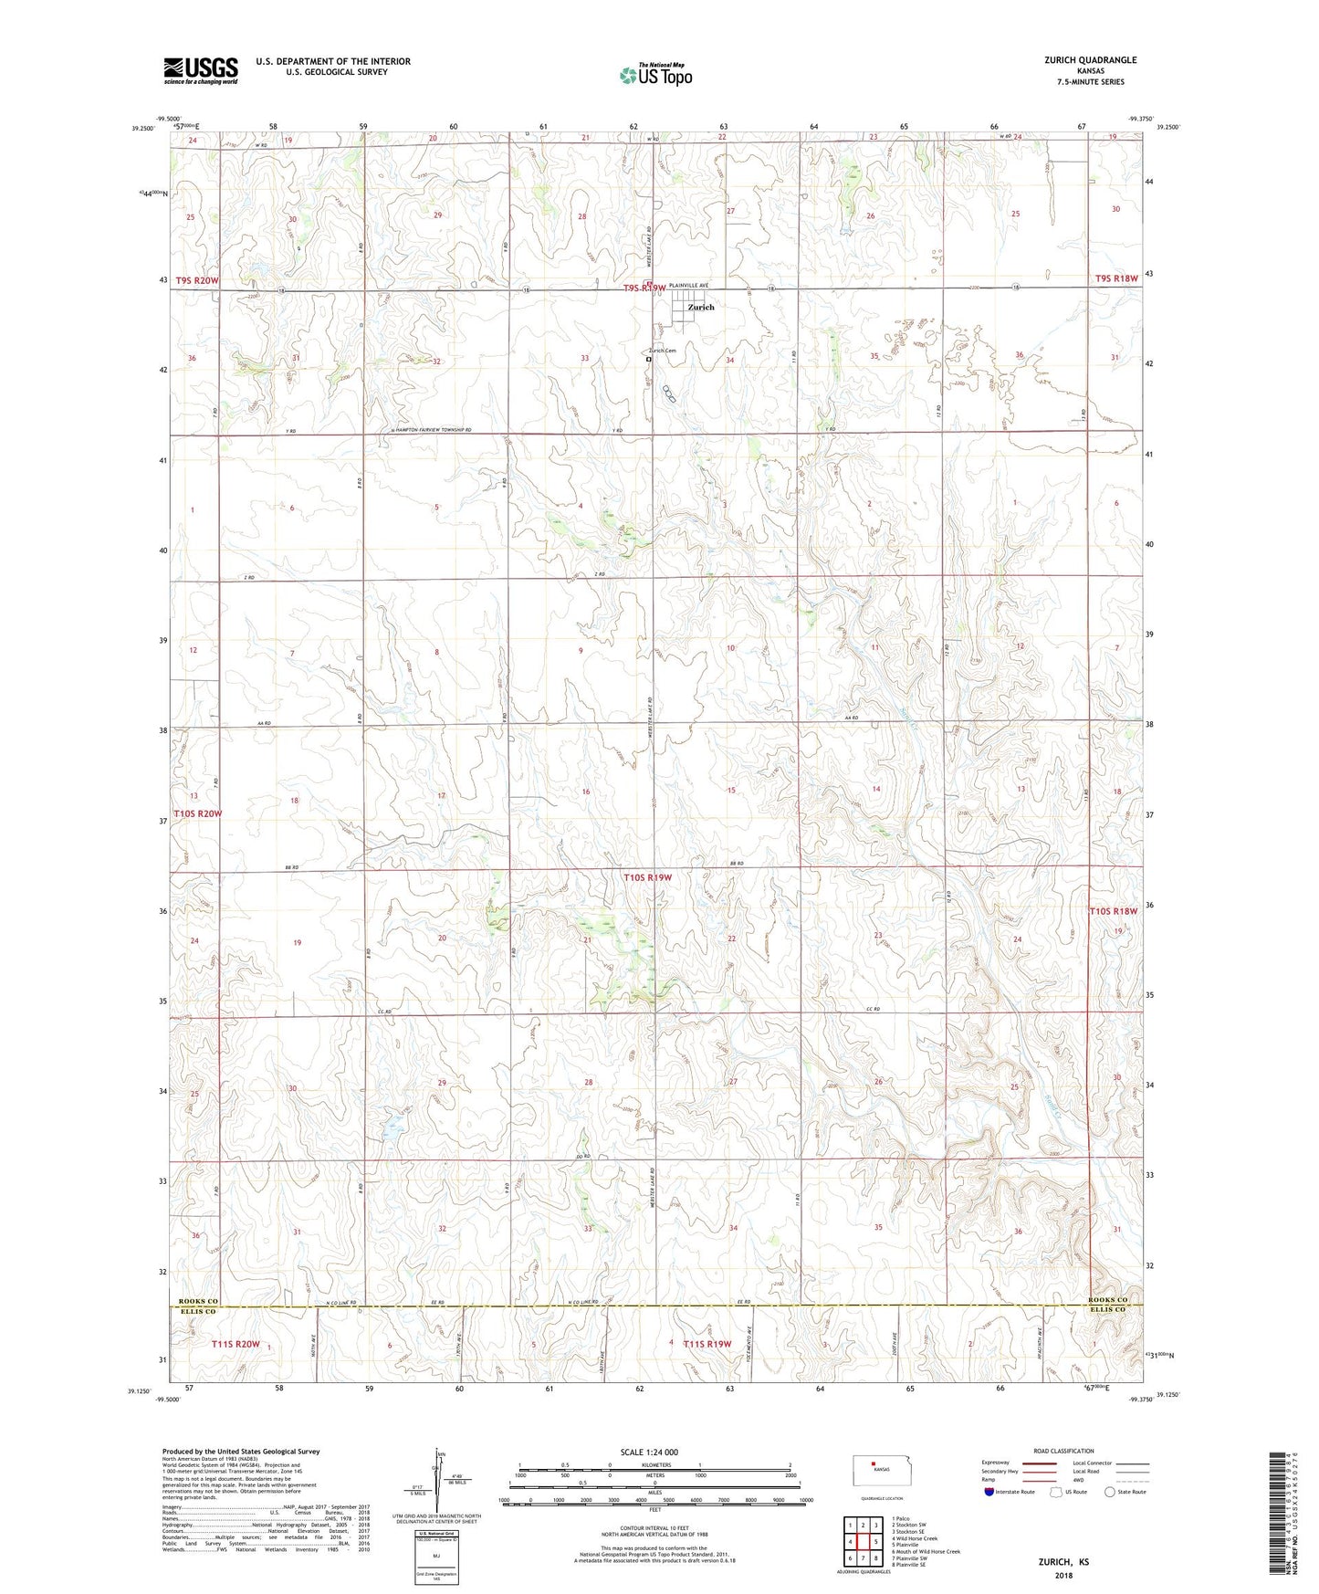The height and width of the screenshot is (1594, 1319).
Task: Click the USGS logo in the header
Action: pos(201,70)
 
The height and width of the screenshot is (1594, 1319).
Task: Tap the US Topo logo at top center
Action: pos(656,75)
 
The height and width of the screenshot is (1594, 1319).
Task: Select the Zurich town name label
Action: pos(701,308)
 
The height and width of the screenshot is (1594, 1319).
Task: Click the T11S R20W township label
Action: pos(236,1344)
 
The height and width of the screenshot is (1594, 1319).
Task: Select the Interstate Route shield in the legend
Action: pos(990,1492)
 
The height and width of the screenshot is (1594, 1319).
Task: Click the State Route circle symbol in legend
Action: pos(1110,1492)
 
